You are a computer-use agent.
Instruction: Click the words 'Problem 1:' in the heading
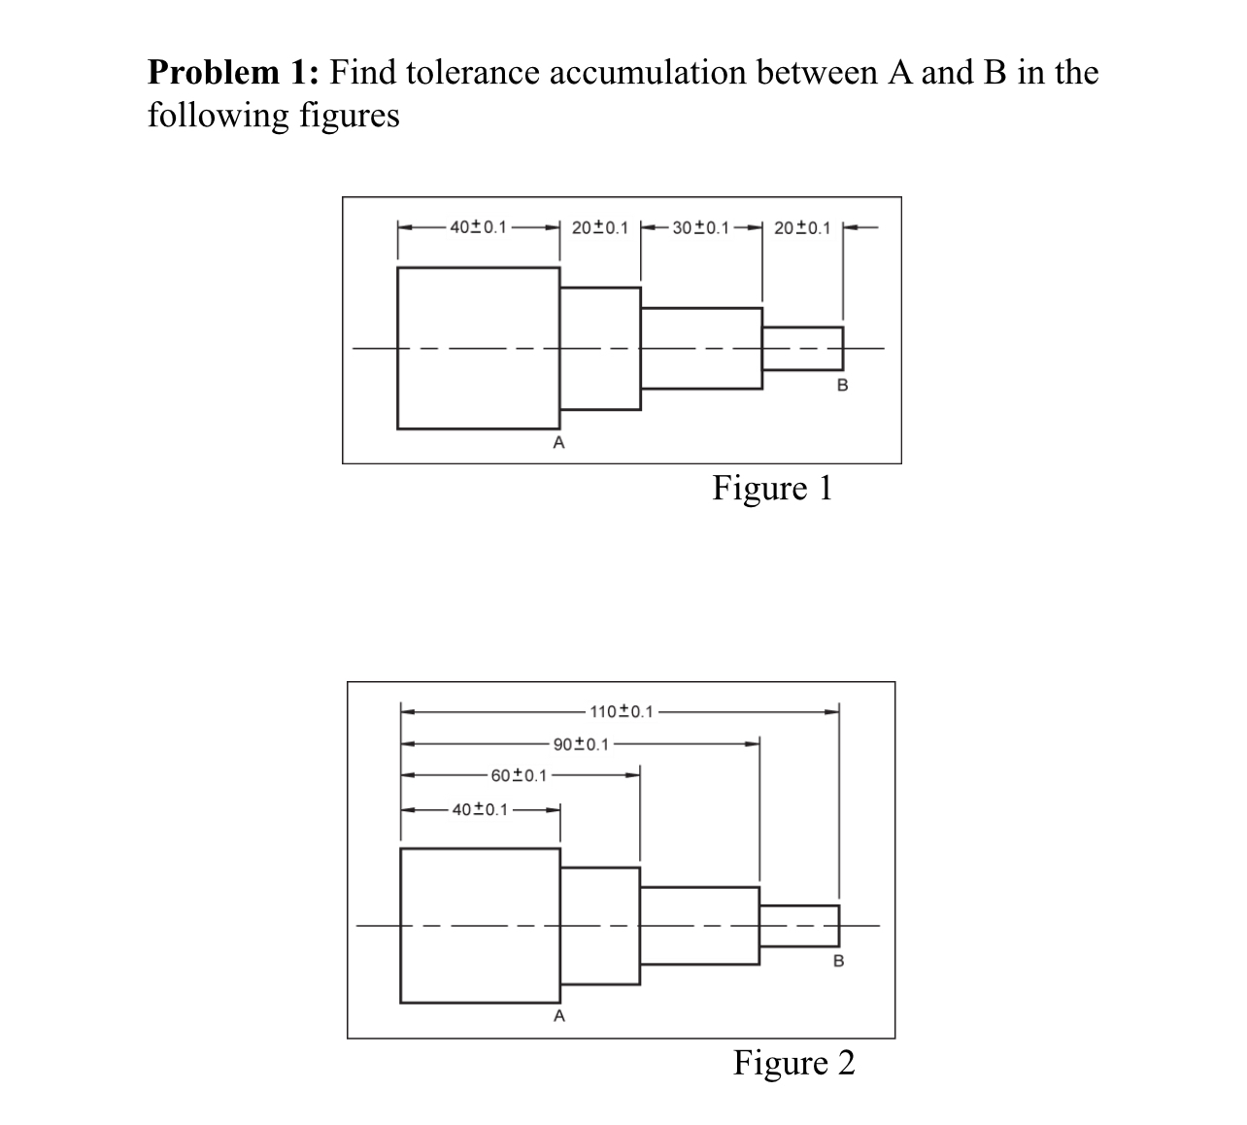point(234,73)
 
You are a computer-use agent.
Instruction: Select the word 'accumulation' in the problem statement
point(664,73)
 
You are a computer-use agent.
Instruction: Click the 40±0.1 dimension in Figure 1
point(478,228)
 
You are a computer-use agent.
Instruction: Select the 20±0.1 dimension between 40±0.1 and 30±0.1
point(600,228)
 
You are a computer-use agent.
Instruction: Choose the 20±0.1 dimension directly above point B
point(802,228)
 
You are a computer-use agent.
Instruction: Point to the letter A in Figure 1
point(558,444)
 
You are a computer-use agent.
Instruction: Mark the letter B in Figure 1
point(842,386)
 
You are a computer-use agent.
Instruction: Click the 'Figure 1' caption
point(772,488)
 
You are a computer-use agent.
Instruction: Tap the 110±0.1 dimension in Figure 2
point(622,712)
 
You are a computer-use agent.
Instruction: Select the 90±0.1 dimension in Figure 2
point(581,745)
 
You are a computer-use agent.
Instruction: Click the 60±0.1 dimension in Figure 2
point(519,775)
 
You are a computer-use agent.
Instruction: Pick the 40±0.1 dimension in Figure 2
point(480,809)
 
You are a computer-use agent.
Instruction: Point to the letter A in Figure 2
point(558,1017)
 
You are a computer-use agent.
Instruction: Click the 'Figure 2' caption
point(793,1063)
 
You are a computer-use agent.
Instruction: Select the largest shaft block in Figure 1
point(478,348)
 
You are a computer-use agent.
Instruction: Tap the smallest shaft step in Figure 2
point(798,925)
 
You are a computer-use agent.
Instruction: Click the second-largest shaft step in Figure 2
point(599,925)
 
